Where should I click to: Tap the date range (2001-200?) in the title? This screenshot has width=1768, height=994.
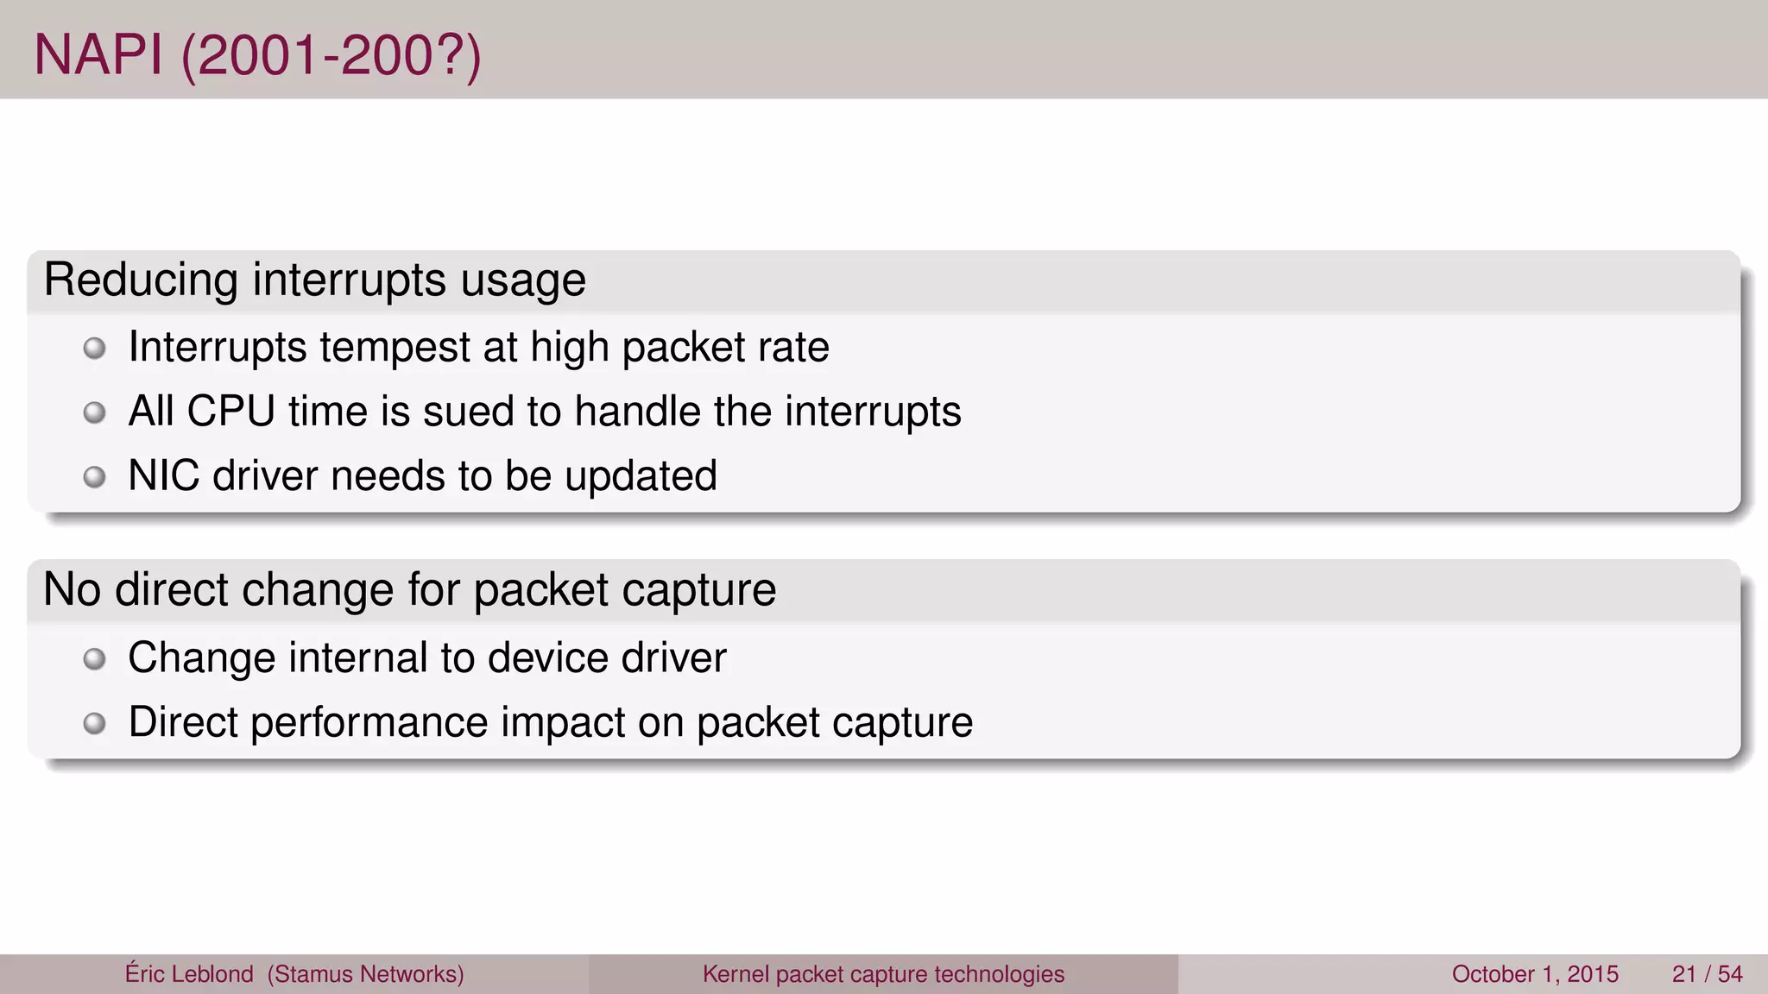[x=331, y=57]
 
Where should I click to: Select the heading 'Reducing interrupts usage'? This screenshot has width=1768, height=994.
[x=314, y=280]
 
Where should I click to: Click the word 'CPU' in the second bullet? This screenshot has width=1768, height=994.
[x=231, y=412]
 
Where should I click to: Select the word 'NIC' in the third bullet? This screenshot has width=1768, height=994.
[x=163, y=476]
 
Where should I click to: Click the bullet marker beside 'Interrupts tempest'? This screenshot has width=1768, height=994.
[x=94, y=349]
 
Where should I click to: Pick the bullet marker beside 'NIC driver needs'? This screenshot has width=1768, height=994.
[x=94, y=477]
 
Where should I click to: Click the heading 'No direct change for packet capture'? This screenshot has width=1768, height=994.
[x=409, y=590]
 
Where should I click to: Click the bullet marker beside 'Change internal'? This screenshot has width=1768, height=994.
[x=94, y=660]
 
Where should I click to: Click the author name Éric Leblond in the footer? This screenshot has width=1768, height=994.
[x=189, y=974]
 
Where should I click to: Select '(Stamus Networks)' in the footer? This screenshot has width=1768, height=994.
[x=366, y=974]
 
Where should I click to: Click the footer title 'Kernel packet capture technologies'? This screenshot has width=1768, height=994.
[x=883, y=974]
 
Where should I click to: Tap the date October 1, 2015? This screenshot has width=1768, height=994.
[x=1535, y=974]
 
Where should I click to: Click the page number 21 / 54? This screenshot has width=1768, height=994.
[x=1707, y=974]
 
